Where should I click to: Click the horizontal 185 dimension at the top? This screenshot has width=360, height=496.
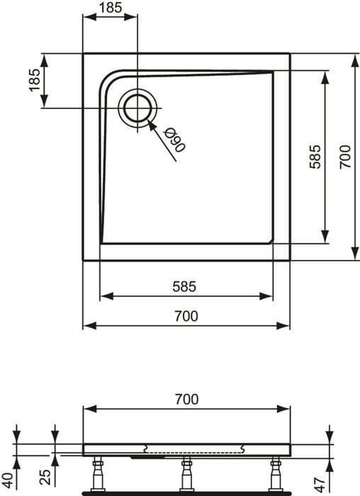pos(110,9)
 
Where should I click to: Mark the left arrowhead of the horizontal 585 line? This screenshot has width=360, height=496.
pos(103,296)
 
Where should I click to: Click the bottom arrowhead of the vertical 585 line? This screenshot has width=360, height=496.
pos(325,238)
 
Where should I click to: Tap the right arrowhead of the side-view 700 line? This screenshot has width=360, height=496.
pos(286,409)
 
